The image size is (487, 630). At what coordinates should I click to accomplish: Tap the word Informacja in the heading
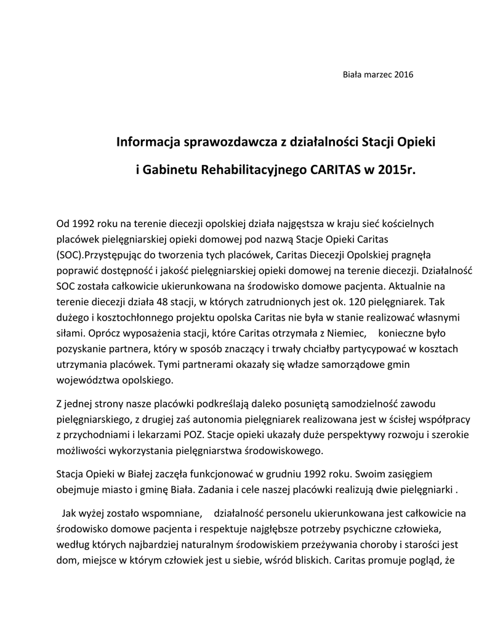(x=148, y=143)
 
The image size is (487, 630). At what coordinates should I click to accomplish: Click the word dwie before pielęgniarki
(x=383, y=490)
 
